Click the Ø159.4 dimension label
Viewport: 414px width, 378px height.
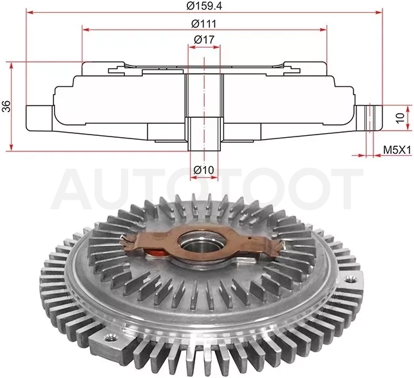204,6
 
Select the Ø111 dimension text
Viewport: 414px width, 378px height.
203,24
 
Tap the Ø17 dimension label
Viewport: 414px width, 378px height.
204,40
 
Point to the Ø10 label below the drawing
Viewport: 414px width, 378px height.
203,169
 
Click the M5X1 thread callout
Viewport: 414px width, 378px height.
397,151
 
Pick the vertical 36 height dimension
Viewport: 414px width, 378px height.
6,106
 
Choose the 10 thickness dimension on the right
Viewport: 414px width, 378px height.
400,118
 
